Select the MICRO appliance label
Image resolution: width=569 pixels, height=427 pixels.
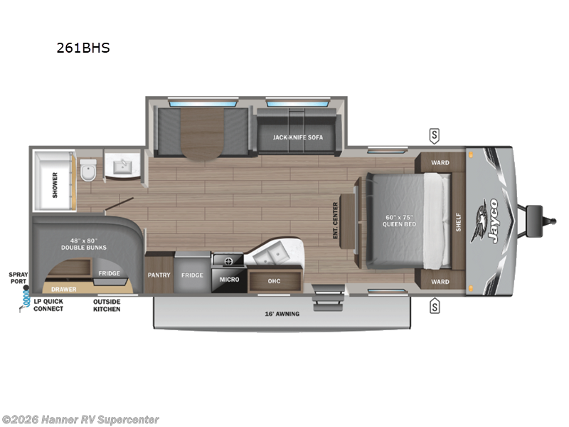pos(229,279)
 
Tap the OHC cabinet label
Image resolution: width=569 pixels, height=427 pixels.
pos(274,281)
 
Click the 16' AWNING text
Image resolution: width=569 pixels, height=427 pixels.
pos(282,313)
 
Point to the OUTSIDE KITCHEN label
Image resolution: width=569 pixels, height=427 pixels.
pos(107,305)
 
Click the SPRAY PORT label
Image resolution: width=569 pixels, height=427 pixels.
pos(17,277)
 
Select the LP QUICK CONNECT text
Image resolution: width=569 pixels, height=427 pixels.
pos(48,305)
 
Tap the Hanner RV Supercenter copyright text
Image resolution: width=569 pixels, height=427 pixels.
pos(80,419)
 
